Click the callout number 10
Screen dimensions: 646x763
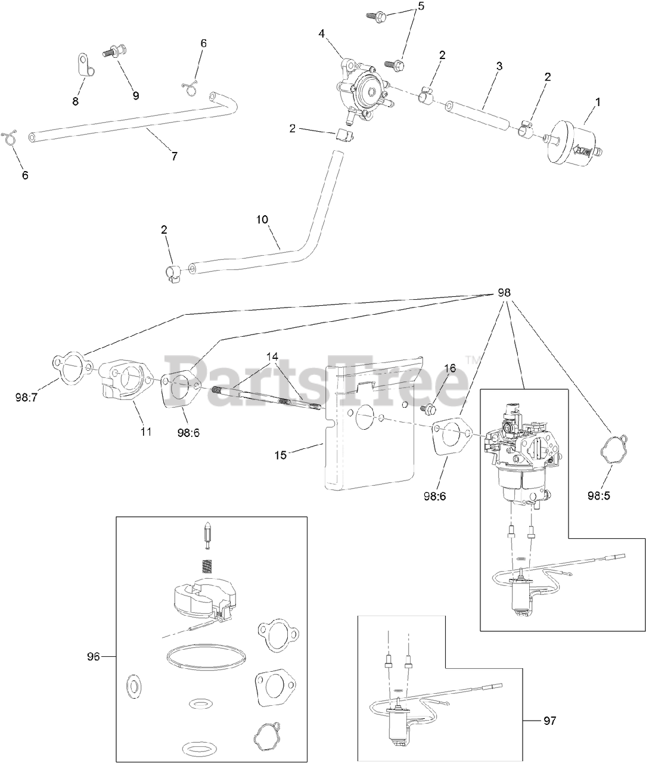click(x=263, y=219)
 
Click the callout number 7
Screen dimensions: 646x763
click(x=173, y=156)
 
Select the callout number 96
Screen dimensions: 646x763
click(x=93, y=656)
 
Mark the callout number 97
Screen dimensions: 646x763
click(x=549, y=721)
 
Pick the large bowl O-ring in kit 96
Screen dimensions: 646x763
click(x=206, y=657)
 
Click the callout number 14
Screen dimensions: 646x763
click(x=272, y=356)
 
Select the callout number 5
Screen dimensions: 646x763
click(x=421, y=7)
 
